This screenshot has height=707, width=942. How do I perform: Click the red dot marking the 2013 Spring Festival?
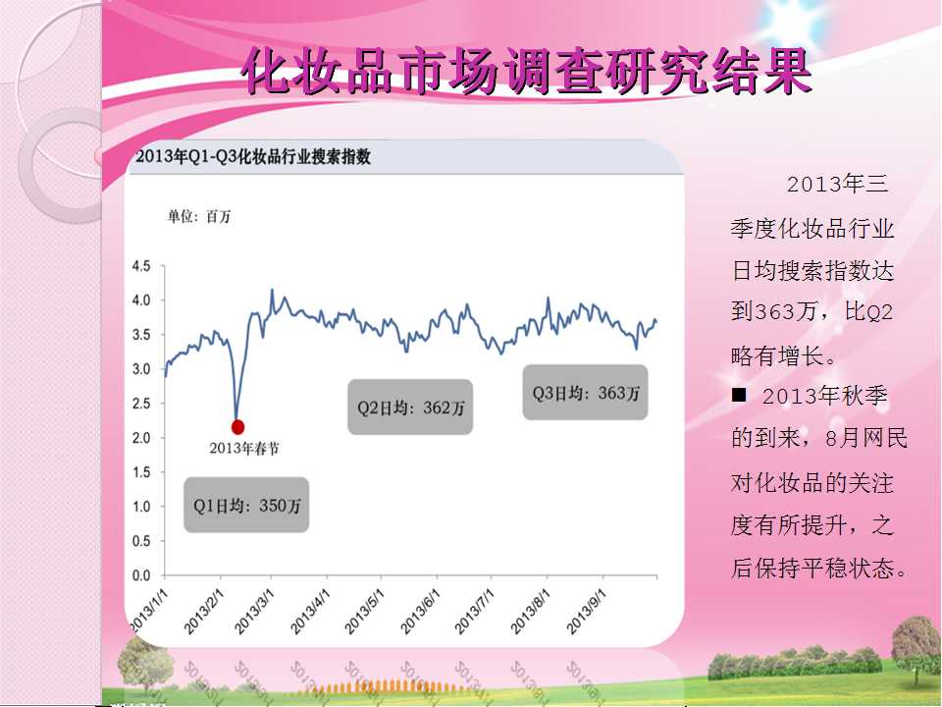[x=237, y=427]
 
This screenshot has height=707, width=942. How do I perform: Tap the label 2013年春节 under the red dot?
[x=244, y=448]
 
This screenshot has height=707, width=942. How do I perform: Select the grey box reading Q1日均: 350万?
[x=246, y=505]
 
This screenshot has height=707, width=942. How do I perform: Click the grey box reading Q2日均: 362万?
[x=410, y=407]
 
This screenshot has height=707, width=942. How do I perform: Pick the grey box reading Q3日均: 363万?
[x=585, y=393]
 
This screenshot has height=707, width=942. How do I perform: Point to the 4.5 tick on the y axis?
[x=141, y=266]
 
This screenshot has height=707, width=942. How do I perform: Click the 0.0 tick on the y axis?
[x=141, y=575]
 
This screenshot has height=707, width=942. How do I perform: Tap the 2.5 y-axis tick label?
[x=141, y=404]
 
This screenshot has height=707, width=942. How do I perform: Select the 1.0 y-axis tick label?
[x=141, y=507]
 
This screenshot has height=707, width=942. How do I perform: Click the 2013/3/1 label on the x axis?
[x=254, y=612]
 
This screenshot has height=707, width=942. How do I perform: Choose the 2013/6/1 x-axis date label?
[x=421, y=612]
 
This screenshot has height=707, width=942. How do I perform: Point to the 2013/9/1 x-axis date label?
[x=587, y=612]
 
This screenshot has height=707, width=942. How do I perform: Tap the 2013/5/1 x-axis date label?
[x=364, y=612]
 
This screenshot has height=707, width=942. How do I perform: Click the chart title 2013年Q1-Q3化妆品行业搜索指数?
[x=253, y=157]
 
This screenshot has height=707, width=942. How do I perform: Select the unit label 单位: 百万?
[x=199, y=216]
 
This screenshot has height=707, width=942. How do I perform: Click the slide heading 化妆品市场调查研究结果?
[x=527, y=72]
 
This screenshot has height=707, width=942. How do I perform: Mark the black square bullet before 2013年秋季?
[x=738, y=395]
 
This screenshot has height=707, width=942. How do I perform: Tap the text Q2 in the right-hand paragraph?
[x=881, y=312]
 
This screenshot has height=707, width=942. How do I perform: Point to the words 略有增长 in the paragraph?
[x=777, y=355]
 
